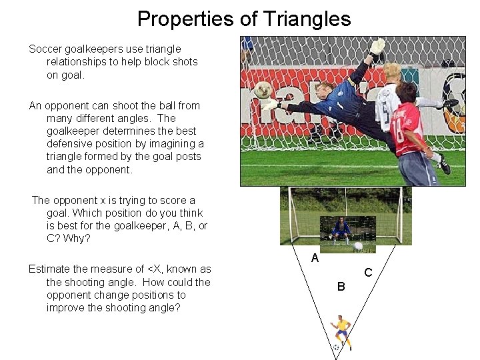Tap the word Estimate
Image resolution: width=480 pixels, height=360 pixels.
(x=51, y=269)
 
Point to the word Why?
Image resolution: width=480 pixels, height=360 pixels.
(x=78, y=239)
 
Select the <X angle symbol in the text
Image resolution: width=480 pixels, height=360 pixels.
(x=155, y=269)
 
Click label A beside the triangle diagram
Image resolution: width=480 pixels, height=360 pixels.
(x=315, y=258)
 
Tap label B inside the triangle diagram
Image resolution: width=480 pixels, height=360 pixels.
(x=341, y=287)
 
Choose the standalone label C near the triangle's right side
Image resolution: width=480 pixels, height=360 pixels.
(x=367, y=273)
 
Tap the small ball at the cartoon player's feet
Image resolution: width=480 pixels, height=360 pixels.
(x=337, y=347)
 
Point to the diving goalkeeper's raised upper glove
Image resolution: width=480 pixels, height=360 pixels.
(x=377, y=47)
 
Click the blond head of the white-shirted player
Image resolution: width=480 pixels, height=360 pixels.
(x=391, y=72)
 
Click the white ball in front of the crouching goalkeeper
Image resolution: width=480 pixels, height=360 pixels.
(x=359, y=245)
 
